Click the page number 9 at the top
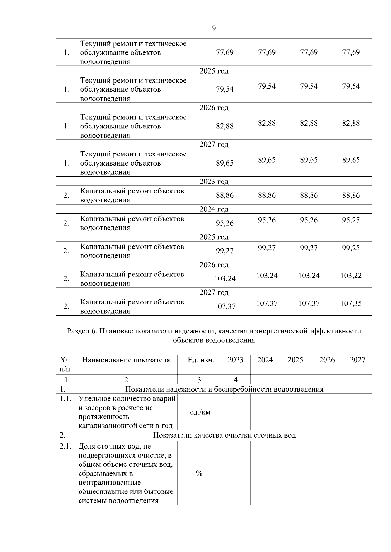coord(214,28)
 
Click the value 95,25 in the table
coord(351,220)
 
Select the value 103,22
coord(351,276)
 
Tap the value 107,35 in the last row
coord(351,303)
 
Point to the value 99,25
coord(351,248)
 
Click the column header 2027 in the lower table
coord(357,360)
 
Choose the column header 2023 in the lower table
coord(235,360)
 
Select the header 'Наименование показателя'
coord(126,360)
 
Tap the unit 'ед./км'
coord(200,412)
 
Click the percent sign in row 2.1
coord(199,474)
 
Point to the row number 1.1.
coord(65,398)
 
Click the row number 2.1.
coord(65,446)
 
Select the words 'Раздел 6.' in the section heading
coord(82,331)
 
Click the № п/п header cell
coord(65,365)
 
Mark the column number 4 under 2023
coord(236,380)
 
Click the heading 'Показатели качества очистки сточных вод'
coord(224,435)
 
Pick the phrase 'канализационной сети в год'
coord(125,426)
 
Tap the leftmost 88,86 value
coord(225,195)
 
